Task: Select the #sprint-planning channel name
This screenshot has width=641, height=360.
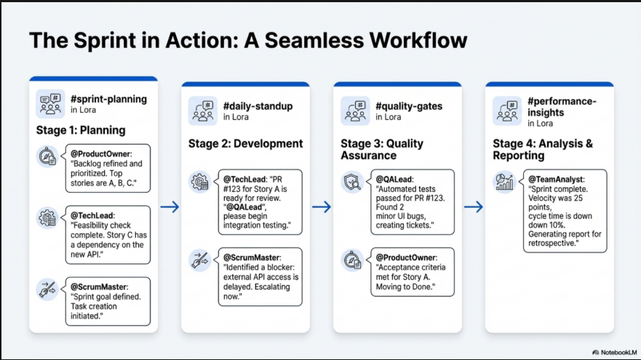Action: click(x=108, y=99)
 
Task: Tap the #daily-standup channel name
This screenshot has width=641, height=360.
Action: click(x=258, y=106)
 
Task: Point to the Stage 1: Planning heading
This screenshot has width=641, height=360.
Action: click(x=81, y=131)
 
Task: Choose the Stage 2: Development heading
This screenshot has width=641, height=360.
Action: click(x=245, y=143)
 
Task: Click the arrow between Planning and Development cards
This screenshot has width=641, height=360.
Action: click(x=170, y=208)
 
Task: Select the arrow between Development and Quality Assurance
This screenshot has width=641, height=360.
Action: click(x=322, y=208)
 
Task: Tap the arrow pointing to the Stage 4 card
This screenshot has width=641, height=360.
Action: click(x=474, y=208)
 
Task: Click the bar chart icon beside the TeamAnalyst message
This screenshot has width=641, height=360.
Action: click(x=504, y=181)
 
